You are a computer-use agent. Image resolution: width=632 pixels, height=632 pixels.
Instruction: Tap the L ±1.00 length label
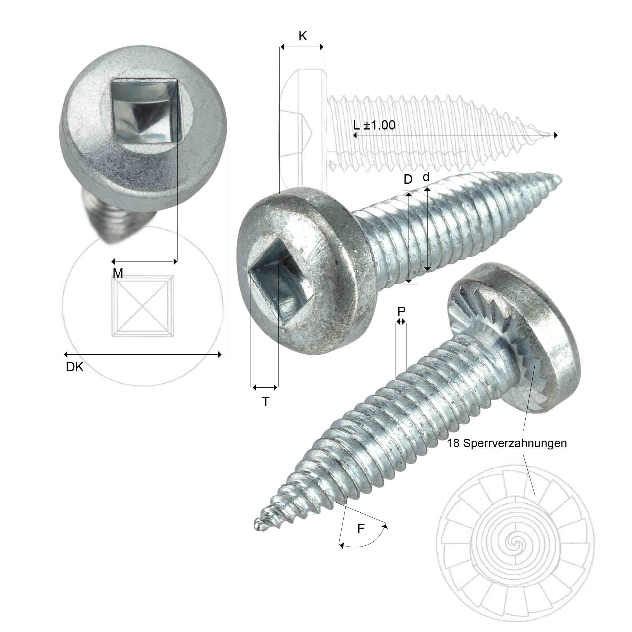point(374,125)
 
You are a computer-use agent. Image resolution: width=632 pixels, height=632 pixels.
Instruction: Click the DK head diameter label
point(74,367)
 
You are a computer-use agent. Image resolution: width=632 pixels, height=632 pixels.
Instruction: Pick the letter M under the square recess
point(118,273)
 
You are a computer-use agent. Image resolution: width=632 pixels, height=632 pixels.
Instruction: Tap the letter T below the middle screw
point(265,402)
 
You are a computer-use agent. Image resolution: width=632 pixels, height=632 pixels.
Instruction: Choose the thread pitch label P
point(401,311)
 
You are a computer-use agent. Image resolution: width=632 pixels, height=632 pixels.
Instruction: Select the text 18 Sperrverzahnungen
point(507,443)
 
